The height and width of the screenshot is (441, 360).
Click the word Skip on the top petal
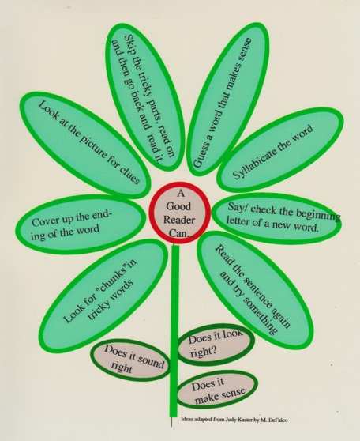pos(132,45)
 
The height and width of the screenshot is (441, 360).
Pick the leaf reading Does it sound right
pos(131,361)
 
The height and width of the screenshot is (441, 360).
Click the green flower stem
pos(174,329)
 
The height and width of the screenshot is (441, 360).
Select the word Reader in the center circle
pos(179,220)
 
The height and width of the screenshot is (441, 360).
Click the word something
pos(259,315)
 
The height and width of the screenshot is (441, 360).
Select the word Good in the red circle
pos(178,206)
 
